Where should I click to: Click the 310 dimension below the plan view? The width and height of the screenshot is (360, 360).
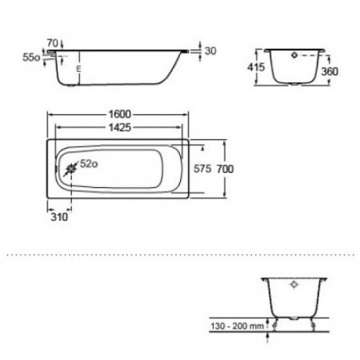tap(60, 215)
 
